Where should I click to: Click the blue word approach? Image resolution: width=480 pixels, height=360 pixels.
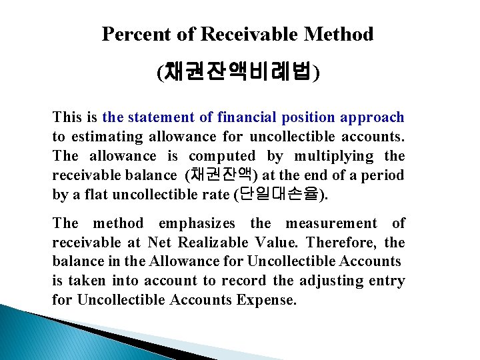click(372, 117)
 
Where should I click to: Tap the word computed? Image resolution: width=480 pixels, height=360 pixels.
click(222, 156)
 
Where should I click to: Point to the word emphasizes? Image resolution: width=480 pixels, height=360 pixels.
click(197, 223)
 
